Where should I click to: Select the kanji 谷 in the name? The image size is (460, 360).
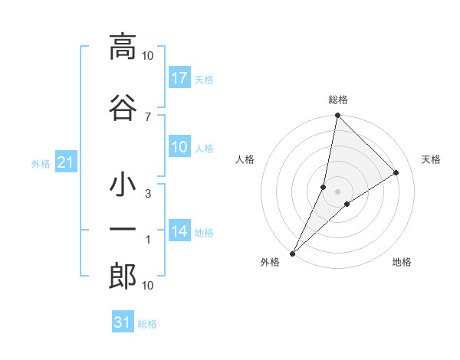pyautogui.click(x=123, y=107)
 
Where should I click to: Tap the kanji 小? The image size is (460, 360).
pyautogui.click(x=123, y=185)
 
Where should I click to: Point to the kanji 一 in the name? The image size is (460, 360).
pyautogui.click(x=123, y=230)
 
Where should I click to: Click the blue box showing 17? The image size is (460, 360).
pyautogui.click(x=179, y=78)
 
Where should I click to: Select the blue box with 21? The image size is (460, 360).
pyautogui.click(x=65, y=162)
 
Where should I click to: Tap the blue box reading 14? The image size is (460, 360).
pyautogui.click(x=179, y=231)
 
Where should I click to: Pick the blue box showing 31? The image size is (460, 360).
pyautogui.click(x=123, y=322)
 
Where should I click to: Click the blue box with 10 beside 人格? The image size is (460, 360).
pyautogui.click(x=179, y=148)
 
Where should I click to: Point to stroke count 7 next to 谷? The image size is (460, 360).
pyautogui.click(x=148, y=116)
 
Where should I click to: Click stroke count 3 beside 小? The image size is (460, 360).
pyautogui.click(x=148, y=194)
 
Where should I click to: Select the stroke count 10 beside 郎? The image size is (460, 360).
pyautogui.click(x=148, y=286)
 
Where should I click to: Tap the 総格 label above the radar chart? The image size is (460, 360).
pyautogui.click(x=338, y=100)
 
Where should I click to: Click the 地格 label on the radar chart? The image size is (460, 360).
pyautogui.click(x=402, y=262)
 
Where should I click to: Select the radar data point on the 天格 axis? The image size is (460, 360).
pyautogui.click(x=396, y=173)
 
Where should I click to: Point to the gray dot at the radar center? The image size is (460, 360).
pyautogui.click(x=338, y=191)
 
